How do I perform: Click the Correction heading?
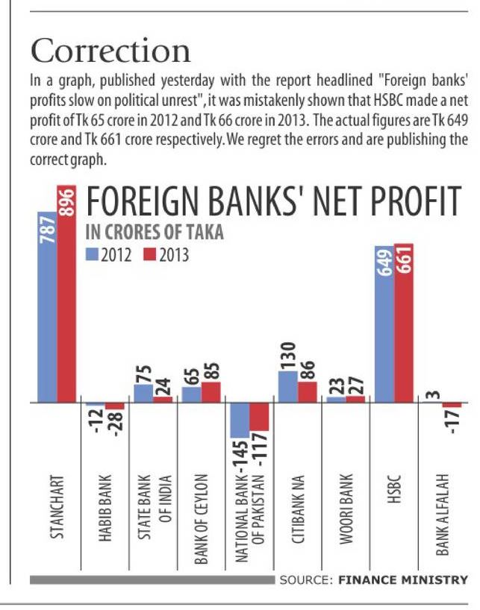click(x=110, y=50)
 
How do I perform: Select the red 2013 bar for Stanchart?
click(x=66, y=298)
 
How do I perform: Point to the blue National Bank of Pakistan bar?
click(x=239, y=420)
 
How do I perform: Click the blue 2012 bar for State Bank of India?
click(x=143, y=393)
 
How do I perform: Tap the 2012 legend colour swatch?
click(x=92, y=255)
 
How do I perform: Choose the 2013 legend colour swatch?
click(x=148, y=255)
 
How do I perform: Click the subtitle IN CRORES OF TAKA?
click(x=155, y=232)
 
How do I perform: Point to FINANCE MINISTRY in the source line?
click(x=404, y=579)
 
